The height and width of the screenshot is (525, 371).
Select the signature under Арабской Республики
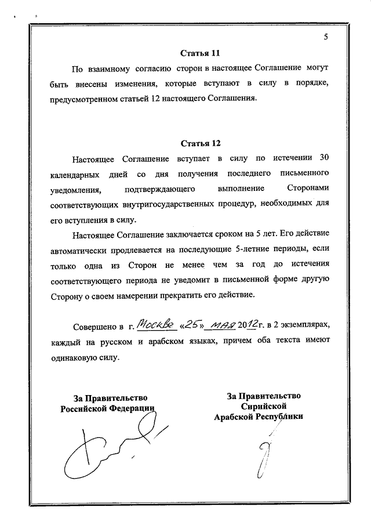263,452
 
